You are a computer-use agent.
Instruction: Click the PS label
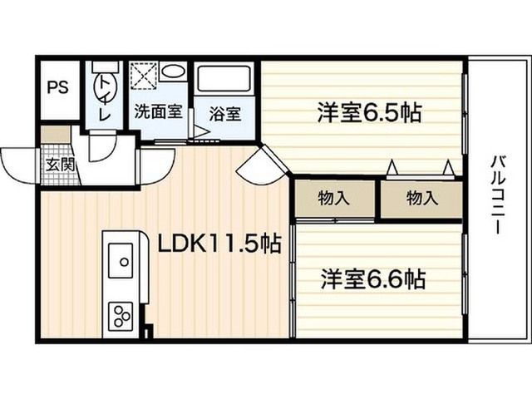click(x=57, y=87)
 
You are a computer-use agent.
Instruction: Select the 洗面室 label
click(x=159, y=111)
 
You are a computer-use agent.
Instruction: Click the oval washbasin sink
click(x=174, y=71)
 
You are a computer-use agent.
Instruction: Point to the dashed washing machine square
click(x=144, y=76)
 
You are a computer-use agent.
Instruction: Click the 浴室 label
click(x=225, y=114)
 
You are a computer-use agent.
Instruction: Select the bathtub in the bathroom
click(x=224, y=78)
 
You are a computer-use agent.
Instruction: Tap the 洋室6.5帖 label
click(x=369, y=112)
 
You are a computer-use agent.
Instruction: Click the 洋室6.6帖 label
click(x=373, y=279)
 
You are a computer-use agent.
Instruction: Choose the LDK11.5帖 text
click(x=219, y=244)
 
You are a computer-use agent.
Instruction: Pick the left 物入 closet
click(x=334, y=199)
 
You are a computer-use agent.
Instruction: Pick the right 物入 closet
click(x=421, y=199)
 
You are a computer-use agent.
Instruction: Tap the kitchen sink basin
click(x=121, y=260)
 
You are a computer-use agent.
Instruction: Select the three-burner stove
click(x=121, y=316)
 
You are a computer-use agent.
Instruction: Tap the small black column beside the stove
click(x=147, y=332)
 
